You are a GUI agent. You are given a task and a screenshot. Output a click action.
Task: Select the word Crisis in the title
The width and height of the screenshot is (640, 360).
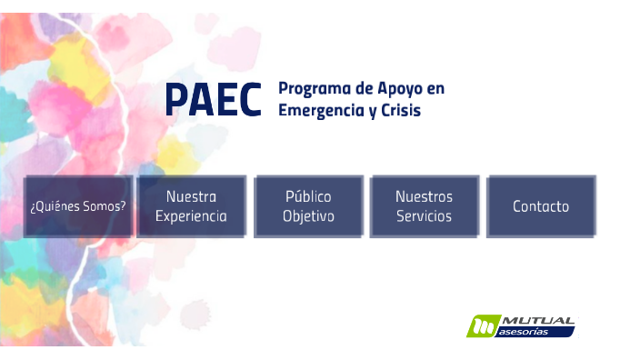(399, 110)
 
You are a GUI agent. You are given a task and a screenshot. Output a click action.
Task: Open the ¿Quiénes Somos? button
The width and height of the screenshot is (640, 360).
(78, 206)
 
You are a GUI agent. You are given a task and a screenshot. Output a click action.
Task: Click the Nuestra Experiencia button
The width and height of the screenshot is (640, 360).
(191, 206)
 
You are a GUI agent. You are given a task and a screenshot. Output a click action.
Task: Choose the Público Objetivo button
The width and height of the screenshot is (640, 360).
(308, 206)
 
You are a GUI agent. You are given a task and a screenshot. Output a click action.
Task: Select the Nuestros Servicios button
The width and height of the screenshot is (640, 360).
(424, 206)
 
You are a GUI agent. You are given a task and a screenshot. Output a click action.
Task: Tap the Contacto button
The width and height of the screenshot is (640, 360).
(541, 206)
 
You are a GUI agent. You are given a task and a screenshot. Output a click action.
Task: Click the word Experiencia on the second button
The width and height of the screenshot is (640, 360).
(191, 217)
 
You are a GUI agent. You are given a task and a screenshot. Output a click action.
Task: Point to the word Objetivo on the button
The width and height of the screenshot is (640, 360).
(308, 217)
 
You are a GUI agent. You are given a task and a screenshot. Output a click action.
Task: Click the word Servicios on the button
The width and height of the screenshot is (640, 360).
(424, 217)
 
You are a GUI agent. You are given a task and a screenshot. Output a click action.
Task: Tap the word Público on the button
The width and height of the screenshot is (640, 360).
(308, 196)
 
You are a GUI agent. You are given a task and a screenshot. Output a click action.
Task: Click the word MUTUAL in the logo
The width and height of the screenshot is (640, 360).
(537, 321)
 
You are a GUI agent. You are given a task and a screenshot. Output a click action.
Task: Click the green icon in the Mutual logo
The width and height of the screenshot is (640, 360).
(482, 326)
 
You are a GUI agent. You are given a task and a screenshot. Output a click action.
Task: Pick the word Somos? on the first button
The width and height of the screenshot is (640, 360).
(101, 206)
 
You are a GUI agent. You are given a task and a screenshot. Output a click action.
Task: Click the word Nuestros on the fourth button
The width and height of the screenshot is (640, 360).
(424, 196)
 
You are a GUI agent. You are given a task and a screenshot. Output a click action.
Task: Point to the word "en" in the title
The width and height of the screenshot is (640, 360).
(435, 89)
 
